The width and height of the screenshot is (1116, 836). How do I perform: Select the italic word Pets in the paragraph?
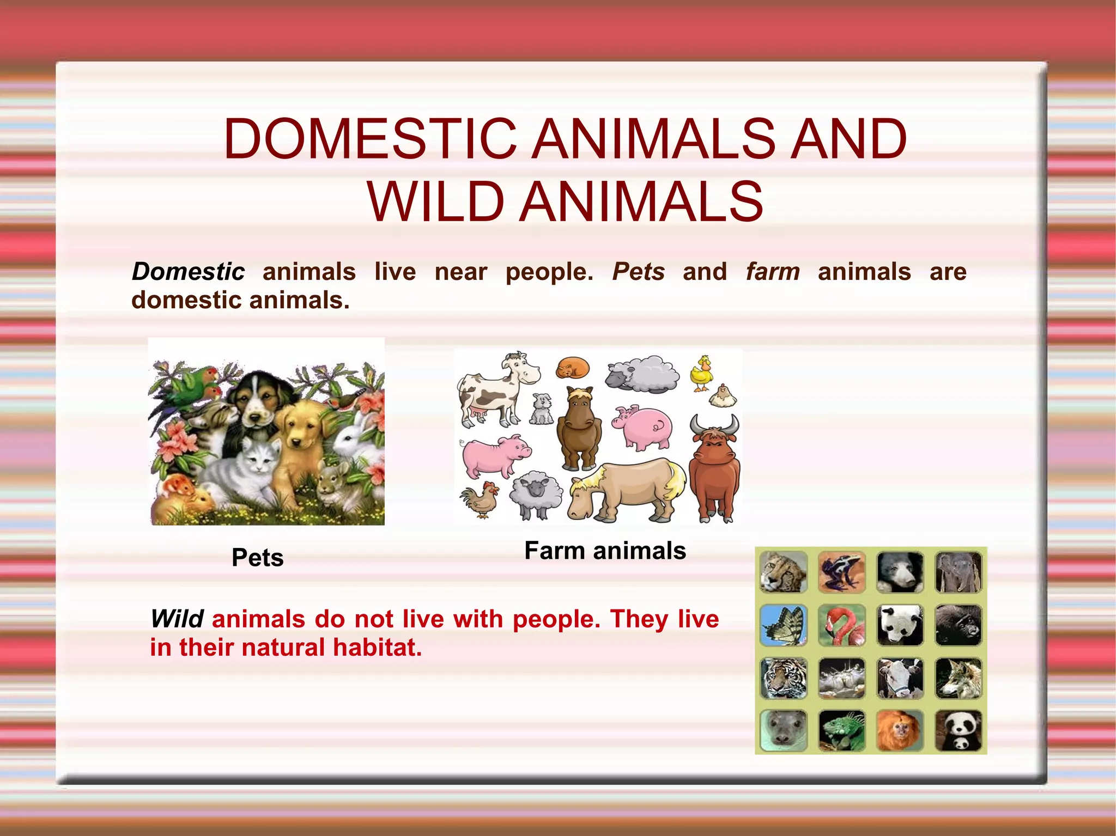(x=638, y=272)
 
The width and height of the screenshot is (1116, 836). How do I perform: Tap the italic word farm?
(x=772, y=272)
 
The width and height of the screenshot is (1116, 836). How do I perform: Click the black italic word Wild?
(x=177, y=619)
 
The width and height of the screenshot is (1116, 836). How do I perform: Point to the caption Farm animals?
(x=605, y=551)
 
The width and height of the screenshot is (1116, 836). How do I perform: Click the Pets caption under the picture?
(x=257, y=558)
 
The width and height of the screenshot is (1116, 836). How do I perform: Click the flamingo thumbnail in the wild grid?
(x=841, y=625)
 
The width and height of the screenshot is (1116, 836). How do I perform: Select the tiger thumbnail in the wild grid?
(x=784, y=678)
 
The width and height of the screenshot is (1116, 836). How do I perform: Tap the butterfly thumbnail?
(x=784, y=625)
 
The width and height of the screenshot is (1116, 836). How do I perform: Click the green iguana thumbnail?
(x=841, y=731)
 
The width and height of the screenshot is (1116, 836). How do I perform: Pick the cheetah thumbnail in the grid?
(x=784, y=572)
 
